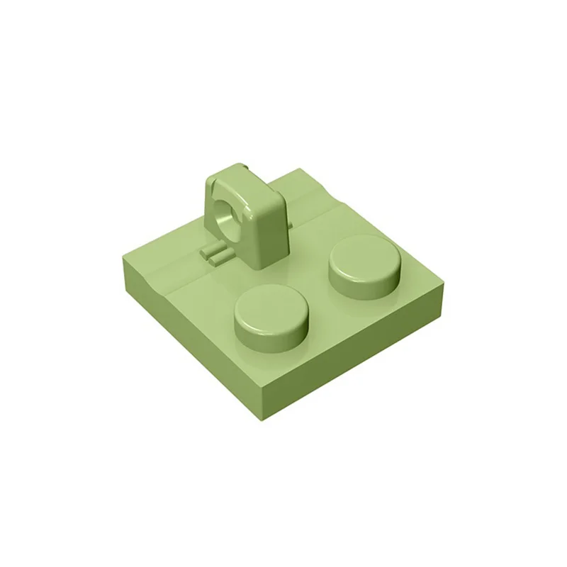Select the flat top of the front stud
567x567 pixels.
(272, 305)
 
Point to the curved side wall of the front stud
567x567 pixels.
(271, 333)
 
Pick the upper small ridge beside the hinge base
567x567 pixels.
(213, 250)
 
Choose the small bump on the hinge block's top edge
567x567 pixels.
(243, 167)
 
